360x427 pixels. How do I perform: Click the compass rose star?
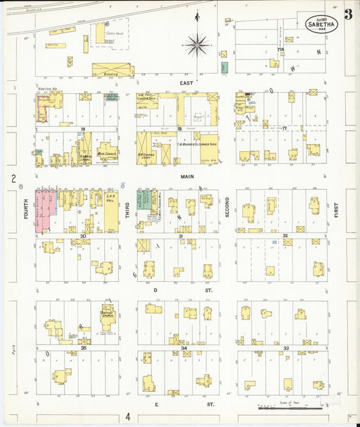(197, 46)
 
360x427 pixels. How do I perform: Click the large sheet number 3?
(348, 14)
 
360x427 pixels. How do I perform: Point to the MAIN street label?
(187, 176)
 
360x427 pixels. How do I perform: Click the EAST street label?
(187, 83)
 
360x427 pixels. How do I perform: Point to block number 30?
(83, 236)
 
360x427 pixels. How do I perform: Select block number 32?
(286, 236)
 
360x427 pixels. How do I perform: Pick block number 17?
(285, 128)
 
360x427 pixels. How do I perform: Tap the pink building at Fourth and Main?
(45, 211)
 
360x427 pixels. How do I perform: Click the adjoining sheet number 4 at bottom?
(128, 418)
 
